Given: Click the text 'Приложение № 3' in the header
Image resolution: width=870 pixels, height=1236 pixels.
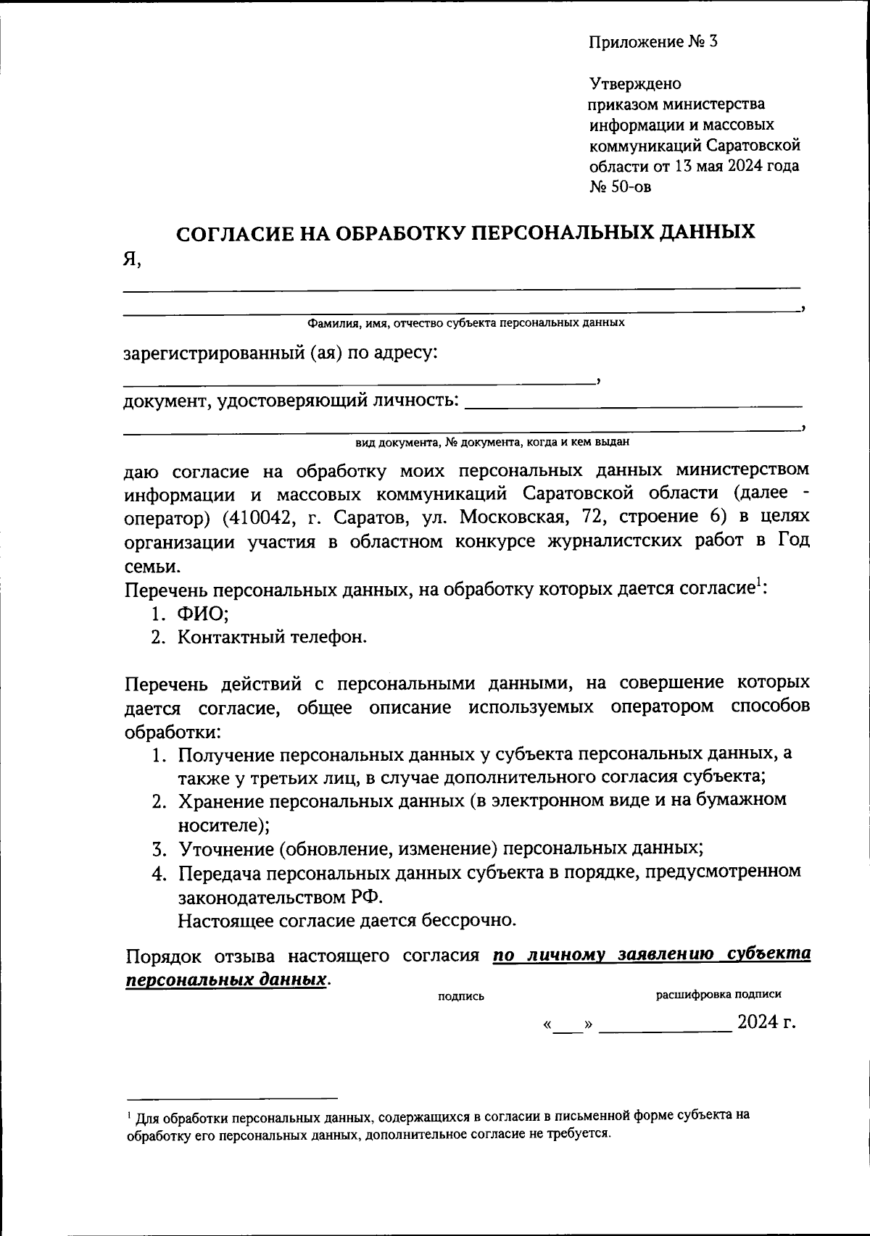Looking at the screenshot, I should tap(652, 41).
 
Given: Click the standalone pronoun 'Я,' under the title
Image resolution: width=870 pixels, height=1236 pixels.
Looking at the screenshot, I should tap(131, 259).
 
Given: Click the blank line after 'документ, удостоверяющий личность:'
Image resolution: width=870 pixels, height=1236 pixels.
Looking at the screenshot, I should tap(633, 404).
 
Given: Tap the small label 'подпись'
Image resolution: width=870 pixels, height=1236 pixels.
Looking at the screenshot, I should tap(461, 996).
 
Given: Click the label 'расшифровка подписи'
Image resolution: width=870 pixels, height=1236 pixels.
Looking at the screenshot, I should tap(718, 995).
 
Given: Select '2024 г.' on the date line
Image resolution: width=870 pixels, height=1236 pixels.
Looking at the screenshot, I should tap(766, 1022).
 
